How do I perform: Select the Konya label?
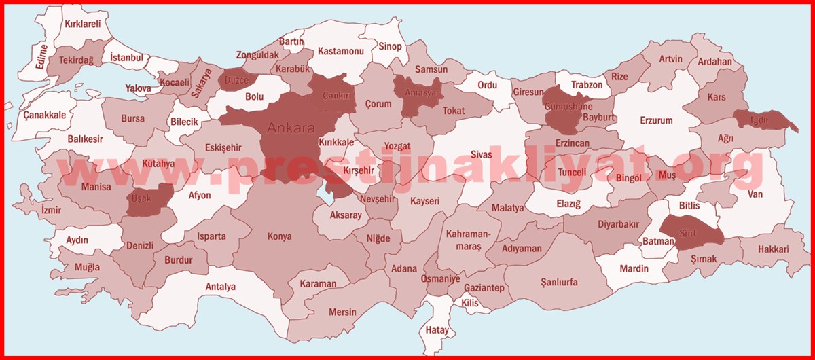pos(280,236)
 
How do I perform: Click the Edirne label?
pos(43,57)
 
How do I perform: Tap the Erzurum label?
pos(656,121)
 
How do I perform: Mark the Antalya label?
pos(221,287)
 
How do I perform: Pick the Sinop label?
pos(390,47)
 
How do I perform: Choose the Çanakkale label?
pos(45,115)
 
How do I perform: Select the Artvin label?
pos(670,59)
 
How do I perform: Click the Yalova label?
pos(138,88)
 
